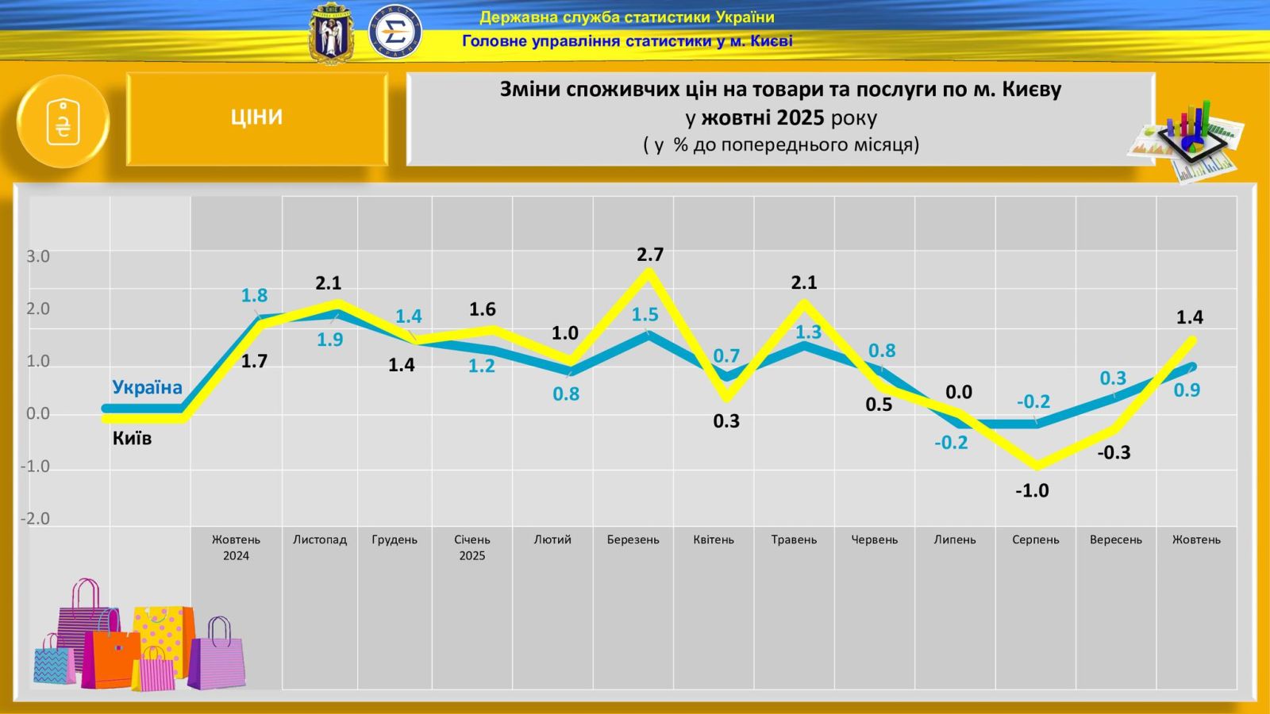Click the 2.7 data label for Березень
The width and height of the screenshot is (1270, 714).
[649, 255]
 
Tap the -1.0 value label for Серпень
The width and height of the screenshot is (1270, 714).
[1032, 491]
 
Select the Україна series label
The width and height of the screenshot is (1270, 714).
[147, 387]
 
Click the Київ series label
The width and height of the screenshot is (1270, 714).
[132, 438]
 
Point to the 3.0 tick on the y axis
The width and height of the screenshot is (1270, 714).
[38, 256]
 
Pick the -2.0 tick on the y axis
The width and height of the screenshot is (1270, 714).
[36, 519]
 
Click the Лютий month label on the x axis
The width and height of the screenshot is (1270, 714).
[552, 539]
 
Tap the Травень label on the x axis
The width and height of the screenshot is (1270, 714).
[794, 539]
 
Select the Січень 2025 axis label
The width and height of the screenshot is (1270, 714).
[471, 547]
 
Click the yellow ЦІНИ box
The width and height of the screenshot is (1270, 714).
[256, 118]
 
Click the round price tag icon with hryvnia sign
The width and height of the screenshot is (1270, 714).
[63, 122]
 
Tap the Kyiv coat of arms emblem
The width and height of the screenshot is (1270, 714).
[329, 33]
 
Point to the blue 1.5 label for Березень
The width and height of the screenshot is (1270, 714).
[645, 315]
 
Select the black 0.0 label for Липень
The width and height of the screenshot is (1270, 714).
[959, 392]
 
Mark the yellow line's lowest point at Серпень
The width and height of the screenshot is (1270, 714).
[1036, 466]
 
